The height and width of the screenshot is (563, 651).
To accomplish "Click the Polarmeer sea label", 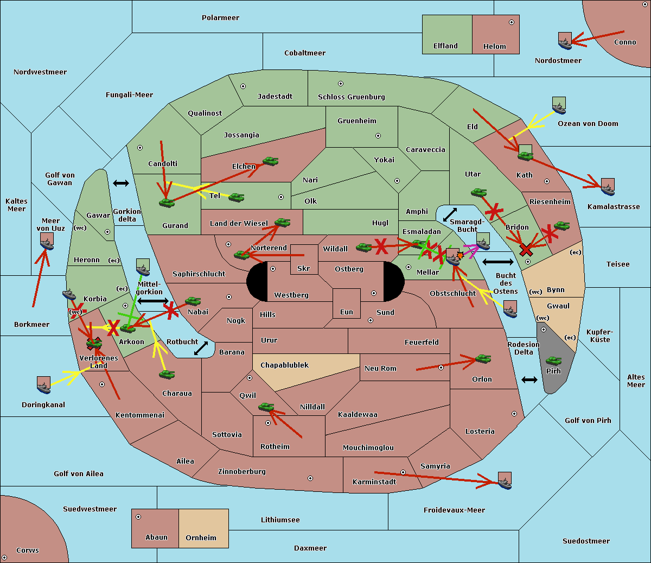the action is click(220, 18).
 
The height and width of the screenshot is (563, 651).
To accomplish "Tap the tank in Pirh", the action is click(553, 360).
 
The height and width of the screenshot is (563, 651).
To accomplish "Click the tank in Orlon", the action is click(483, 359).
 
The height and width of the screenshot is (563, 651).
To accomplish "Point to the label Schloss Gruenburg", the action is click(352, 97).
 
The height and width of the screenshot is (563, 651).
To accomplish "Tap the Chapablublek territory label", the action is click(284, 365).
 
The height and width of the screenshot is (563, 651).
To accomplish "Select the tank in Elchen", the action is click(271, 161).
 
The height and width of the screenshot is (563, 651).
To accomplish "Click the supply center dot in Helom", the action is click(512, 22).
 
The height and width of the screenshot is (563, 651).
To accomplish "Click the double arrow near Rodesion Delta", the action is click(529, 379).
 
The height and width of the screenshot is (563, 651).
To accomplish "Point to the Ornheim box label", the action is click(201, 538).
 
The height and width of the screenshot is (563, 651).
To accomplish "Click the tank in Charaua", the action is click(167, 375).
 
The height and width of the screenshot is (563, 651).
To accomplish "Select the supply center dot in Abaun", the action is click(138, 517).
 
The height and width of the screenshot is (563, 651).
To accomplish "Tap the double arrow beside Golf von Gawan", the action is click(121, 183).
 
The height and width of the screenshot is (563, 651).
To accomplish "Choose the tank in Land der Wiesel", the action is click(282, 222).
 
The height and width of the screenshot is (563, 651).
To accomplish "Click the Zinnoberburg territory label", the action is click(242, 472).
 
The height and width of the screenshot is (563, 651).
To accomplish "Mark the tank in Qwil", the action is click(266, 407).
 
